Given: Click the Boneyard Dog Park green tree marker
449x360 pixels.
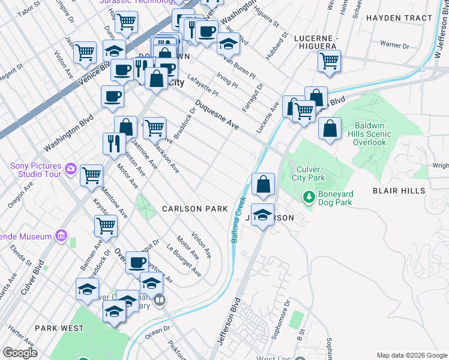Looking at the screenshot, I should click(309, 196).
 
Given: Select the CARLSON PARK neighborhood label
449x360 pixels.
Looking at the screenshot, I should click(195, 209).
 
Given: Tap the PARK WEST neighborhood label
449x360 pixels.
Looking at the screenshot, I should click(59, 328).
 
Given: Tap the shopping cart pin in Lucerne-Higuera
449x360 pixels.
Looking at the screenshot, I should click(329, 61).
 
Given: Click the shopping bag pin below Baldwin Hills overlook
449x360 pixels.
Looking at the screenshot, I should click(330, 128).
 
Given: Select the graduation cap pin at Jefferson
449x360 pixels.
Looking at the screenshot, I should click(262, 215).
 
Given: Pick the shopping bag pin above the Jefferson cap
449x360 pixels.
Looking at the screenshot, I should click(263, 184).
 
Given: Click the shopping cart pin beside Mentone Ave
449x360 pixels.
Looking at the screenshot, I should click(92, 176).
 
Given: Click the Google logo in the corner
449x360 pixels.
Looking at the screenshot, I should click(20, 353).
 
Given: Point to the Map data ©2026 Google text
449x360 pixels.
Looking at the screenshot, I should click(411, 355).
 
